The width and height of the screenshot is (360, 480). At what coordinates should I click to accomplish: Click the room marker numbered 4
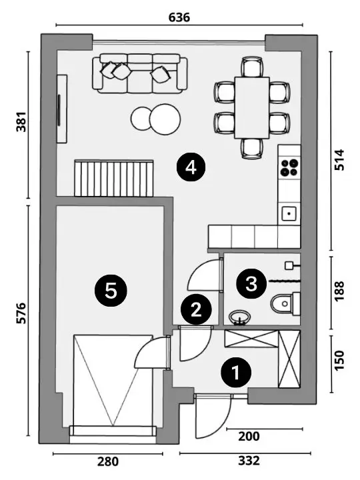pyautogui.click(x=191, y=167)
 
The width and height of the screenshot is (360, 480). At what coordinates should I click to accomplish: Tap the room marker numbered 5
pyautogui.click(x=111, y=291)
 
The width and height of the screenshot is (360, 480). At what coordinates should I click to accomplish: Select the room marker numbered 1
pyautogui.click(x=236, y=373)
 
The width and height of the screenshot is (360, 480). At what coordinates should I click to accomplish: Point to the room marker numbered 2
pyautogui.click(x=196, y=309)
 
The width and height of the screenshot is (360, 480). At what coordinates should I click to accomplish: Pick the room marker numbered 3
pyautogui.click(x=251, y=283)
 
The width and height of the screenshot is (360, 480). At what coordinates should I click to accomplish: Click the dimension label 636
pyautogui.click(x=179, y=17)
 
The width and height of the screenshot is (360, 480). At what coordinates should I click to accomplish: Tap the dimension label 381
pyautogui.click(x=21, y=122)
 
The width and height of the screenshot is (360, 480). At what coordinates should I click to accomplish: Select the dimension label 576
pyautogui.click(x=21, y=313)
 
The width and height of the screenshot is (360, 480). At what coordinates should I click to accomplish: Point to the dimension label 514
pyautogui.click(x=339, y=160)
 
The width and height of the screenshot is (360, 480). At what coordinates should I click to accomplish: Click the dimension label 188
pyautogui.click(x=339, y=291)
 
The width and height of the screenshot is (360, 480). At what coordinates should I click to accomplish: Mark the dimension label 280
pyautogui.click(x=108, y=461)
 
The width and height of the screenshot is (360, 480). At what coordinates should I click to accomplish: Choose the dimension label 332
pyautogui.click(x=249, y=461)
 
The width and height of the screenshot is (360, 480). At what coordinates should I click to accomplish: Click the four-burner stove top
pyautogui.click(x=289, y=167)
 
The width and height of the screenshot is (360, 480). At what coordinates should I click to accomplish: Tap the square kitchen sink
pyautogui.click(x=289, y=214)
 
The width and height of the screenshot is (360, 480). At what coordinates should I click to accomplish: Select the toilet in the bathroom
pyautogui.click(x=285, y=304)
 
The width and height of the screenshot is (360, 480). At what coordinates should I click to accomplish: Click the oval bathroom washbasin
pyautogui.click(x=240, y=317)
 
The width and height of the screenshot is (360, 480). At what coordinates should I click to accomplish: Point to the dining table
pyautogui.click(x=252, y=108)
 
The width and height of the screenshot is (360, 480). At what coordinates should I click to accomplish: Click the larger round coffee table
pyautogui.click(x=165, y=119)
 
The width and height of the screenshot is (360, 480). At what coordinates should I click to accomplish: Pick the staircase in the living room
pyautogui.click(x=113, y=178)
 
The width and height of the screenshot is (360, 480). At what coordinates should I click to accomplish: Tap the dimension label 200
pyautogui.click(x=249, y=436)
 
